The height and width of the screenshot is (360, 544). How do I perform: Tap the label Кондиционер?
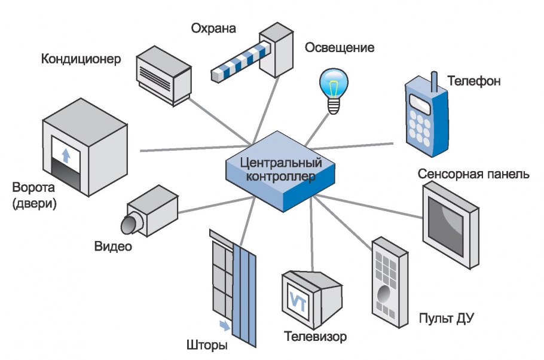point(81,59)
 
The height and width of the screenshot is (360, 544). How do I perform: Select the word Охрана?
point(213,28)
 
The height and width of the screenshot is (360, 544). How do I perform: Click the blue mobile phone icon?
point(426,116)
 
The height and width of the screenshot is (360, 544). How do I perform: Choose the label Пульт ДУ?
point(447,317)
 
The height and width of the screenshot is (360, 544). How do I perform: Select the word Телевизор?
point(315,337)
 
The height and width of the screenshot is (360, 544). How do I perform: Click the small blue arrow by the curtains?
point(224,325)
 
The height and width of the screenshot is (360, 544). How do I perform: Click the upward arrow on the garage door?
point(66,155)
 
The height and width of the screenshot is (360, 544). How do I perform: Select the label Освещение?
point(340,47)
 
